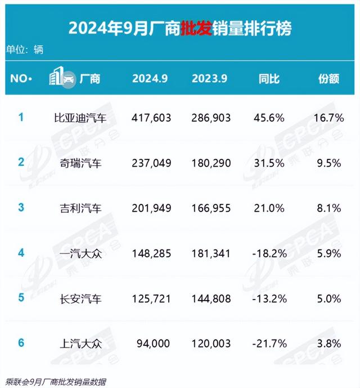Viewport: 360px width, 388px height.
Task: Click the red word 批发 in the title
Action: pyautogui.click(x=196, y=27)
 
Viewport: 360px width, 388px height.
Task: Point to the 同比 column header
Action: pyautogui.click(x=268, y=78)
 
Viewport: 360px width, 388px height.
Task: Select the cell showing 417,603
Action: pyautogui.click(x=151, y=118)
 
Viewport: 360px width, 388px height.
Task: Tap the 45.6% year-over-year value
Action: pyautogui.click(x=268, y=118)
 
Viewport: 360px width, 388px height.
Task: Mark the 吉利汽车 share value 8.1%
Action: pyautogui.click(x=328, y=208)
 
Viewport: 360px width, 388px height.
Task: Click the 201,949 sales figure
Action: pyautogui.click(x=151, y=208)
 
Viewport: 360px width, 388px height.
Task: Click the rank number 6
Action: pyautogui.click(x=21, y=342)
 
